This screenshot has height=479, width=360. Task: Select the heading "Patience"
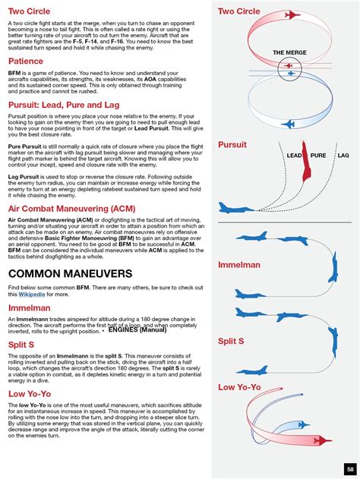pos(26,61)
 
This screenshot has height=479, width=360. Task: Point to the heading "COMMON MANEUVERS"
pos(70,273)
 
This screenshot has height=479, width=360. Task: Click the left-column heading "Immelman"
pos(30,309)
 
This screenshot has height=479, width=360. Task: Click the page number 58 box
pos(349,468)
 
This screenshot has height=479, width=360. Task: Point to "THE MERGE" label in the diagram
pos(289,52)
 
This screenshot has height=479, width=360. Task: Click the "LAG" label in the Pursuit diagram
pos(343,156)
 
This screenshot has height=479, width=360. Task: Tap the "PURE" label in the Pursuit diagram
pos(318,156)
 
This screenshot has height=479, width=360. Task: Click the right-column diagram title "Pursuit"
pos(232,144)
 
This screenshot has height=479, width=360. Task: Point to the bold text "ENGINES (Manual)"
pos(137,330)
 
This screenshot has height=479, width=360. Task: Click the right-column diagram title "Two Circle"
pos(239,11)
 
